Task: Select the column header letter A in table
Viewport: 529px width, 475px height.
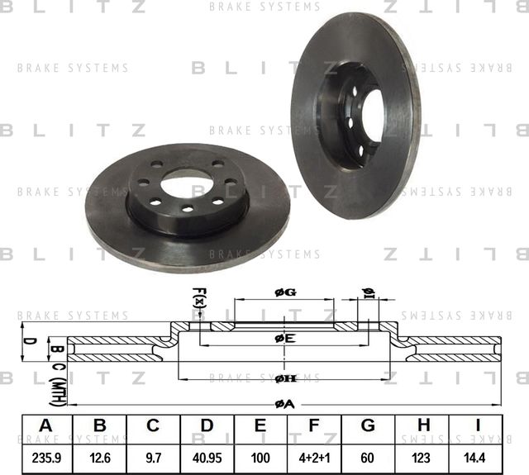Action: (x=45, y=426)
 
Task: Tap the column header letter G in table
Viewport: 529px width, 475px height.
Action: (x=369, y=426)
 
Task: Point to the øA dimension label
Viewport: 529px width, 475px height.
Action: (x=284, y=402)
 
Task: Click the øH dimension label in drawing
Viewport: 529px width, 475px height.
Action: (x=285, y=378)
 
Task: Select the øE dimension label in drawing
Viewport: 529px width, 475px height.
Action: (x=284, y=338)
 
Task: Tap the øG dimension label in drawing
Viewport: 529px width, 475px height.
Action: (x=284, y=292)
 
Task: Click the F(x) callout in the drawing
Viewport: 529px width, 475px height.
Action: (x=198, y=298)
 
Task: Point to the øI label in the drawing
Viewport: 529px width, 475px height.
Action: (x=369, y=292)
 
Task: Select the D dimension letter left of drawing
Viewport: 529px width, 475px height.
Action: (x=26, y=340)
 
